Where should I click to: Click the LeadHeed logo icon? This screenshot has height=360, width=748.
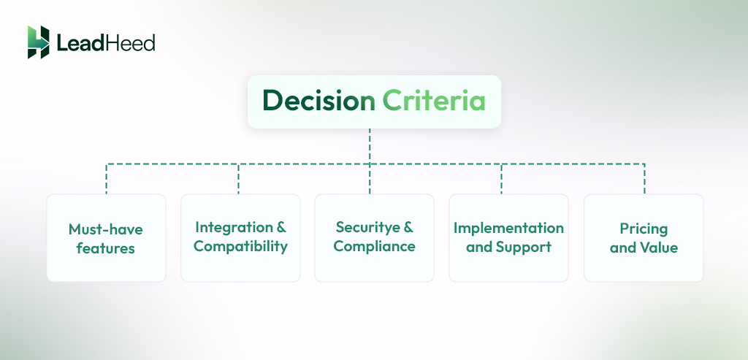tap(38, 42)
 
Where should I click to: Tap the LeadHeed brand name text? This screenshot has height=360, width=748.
tap(106, 43)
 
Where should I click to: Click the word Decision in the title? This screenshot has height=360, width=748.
tap(318, 102)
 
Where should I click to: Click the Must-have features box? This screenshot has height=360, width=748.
tap(106, 238)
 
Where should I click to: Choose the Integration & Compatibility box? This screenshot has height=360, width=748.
tap(240, 238)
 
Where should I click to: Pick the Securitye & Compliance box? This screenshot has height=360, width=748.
tap(374, 238)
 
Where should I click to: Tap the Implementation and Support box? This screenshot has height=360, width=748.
tap(508, 238)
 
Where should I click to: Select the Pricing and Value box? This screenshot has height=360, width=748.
tap(644, 238)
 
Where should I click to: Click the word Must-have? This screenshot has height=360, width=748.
tap(106, 229)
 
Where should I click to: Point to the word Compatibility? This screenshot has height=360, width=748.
tap(240, 247)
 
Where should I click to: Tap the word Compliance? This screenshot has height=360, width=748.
tap(374, 247)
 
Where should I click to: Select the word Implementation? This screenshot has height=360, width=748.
tap(508, 228)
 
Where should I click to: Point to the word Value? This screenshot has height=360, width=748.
tap(658, 248)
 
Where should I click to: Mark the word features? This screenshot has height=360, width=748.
tap(106, 248)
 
